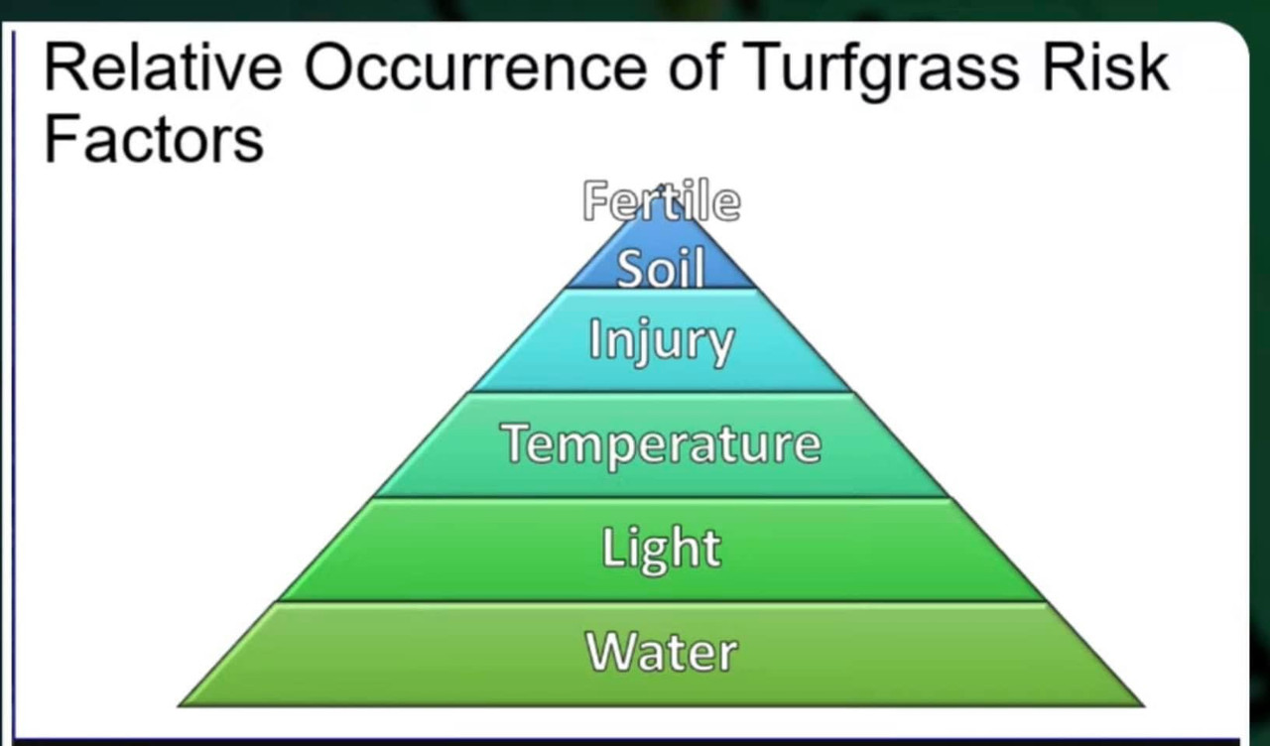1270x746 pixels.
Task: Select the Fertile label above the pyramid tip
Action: [661, 202]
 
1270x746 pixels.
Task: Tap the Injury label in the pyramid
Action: [661, 342]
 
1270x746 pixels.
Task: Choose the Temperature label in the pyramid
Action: [661, 443]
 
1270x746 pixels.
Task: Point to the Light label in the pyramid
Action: [661, 547]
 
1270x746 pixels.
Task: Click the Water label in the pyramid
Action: [661, 652]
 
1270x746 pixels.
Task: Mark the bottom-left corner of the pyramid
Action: [182, 704]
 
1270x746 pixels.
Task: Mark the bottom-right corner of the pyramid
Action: [1141, 704]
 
